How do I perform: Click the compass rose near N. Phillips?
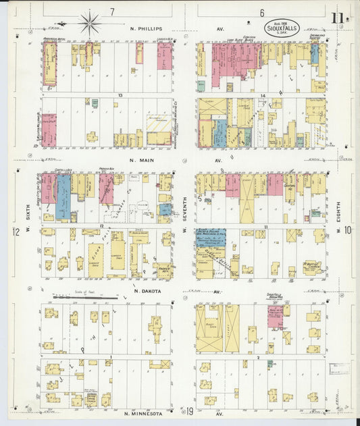click(x=88, y=24)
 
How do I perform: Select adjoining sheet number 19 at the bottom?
click(x=190, y=412)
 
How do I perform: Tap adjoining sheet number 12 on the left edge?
click(x=16, y=232)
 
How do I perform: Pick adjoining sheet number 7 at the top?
click(x=113, y=12)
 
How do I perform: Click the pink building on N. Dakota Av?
click(x=275, y=317)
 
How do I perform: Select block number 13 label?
click(x=120, y=95)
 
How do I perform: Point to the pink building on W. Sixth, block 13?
click(x=49, y=130)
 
